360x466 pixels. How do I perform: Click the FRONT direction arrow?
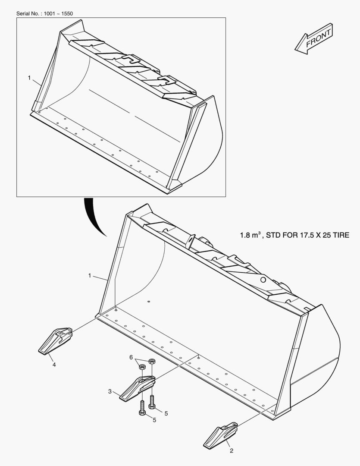[314, 39]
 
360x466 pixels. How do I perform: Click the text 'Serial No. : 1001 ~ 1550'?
[44, 14]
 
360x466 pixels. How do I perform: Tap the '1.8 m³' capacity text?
[250, 235]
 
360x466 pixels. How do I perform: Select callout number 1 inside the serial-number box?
[29, 78]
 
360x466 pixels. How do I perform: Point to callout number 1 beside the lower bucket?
[90, 276]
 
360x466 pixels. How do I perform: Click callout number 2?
[232, 450]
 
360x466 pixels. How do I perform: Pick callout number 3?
[110, 391]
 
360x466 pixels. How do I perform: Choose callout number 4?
[54, 365]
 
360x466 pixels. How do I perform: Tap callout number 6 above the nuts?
[131, 357]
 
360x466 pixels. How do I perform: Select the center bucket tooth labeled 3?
[137, 388]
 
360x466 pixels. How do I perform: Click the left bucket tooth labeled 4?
[55, 341]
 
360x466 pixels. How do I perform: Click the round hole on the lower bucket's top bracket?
[263, 280]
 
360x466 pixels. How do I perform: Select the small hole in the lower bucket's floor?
[149, 302]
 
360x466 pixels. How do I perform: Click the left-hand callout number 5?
[154, 420]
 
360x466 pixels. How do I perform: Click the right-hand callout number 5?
[166, 413]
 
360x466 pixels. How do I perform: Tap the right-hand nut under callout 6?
[152, 361]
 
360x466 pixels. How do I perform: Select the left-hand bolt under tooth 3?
[142, 408]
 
